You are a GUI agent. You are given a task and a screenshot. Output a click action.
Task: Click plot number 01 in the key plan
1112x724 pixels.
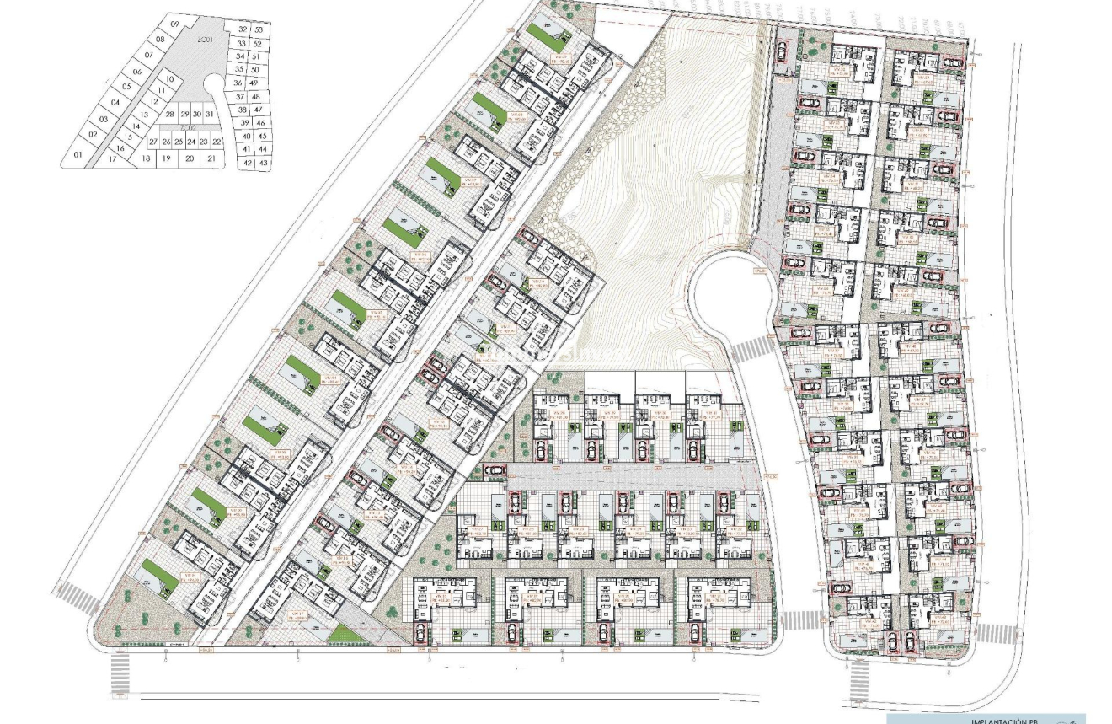click(78, 155)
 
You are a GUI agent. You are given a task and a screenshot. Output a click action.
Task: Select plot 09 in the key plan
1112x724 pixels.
click(174, 25)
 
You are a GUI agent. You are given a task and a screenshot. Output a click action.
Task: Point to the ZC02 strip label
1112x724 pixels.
click(175, 128)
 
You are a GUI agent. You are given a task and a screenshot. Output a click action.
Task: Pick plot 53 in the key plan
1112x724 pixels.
click(259, 29)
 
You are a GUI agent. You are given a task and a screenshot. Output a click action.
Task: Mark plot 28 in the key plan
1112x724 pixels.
click(170, 114)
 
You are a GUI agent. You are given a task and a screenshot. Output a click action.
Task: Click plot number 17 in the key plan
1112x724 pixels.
click(112, 158)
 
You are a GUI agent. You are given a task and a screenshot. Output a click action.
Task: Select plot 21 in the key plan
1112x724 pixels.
click(211, 158)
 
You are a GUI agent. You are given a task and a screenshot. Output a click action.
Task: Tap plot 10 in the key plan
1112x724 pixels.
click(169, 79)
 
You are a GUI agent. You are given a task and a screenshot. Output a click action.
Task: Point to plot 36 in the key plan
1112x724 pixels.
click(238, 83)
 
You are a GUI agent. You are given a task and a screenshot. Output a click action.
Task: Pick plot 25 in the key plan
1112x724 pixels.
click(179, 142)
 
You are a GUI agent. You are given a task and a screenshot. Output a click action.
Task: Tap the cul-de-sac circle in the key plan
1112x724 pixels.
click(214, 85)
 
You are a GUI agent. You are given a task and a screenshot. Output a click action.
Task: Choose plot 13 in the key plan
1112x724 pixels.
click(145, 115)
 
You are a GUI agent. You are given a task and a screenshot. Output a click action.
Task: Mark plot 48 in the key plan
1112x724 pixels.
click(258, 96)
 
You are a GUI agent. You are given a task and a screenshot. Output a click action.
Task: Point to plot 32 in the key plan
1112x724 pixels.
click(243, 29)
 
